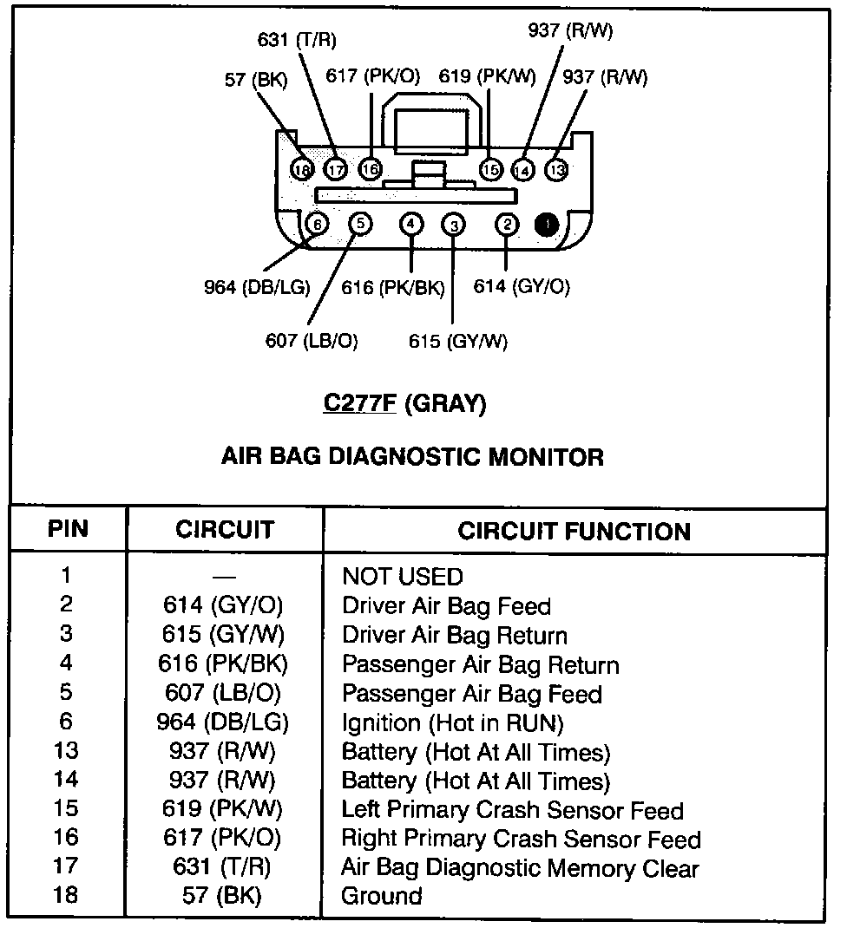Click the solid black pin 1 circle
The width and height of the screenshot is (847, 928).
(x=547, y=225)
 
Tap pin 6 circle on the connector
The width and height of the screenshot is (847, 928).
(x=318, y=225)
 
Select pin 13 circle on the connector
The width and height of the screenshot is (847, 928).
(x=556, y=170)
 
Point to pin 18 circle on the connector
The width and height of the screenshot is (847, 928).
(x=302, y=170)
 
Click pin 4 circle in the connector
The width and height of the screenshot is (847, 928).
(x=411, y=225)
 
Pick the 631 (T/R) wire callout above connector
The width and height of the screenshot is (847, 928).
(x=297, y=40)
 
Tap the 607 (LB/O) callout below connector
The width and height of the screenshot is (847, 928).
(x=312, y=341)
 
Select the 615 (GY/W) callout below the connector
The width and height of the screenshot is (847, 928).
(x=458, y=341)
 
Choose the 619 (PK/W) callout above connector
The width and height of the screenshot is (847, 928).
(x=487, y=76)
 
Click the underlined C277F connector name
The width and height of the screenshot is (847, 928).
(x=358, y=404)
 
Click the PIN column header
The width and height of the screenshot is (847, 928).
(x=68, y=528)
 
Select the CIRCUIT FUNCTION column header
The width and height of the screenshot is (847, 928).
(x=575, y=531)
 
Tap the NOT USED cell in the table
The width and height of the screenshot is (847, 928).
(x=403, y=576)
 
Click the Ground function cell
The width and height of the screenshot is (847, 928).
(x=382, y=896)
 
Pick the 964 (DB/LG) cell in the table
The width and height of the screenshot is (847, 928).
(x=224, y=722)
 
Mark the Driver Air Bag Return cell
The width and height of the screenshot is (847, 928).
(x=455, y=635)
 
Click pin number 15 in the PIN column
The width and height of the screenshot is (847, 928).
(x=66, y=808)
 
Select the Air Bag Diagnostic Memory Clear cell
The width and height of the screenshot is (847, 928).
(x=520, y=867)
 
